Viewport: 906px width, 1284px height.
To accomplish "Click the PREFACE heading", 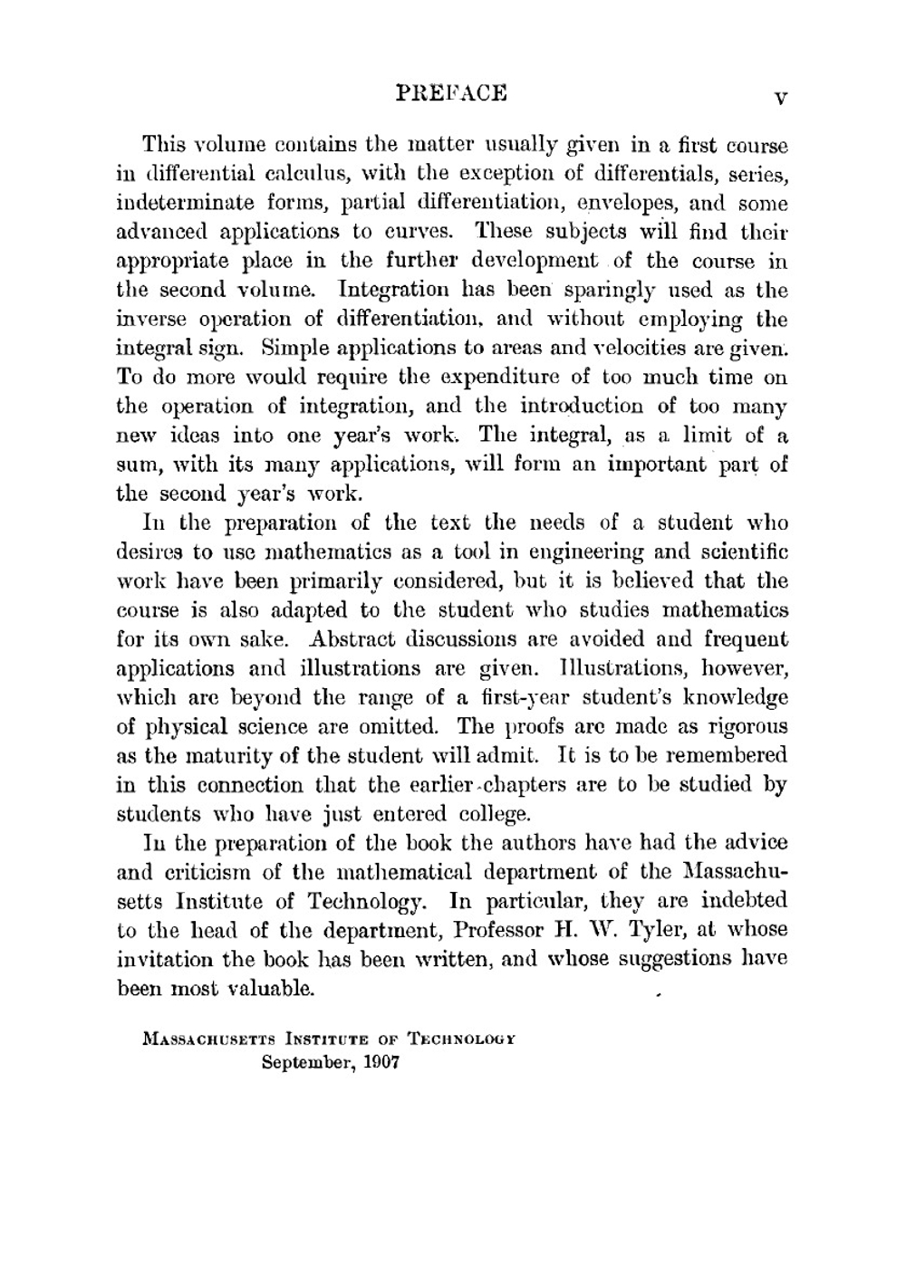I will (x=452, y=93).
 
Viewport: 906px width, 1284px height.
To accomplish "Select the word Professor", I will (x=497, y=930).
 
